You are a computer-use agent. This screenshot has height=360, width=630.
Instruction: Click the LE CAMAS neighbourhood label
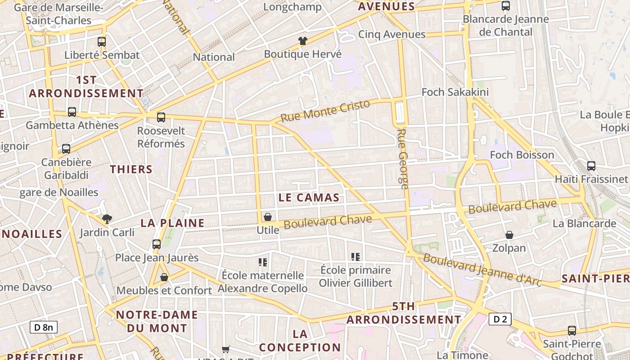309,198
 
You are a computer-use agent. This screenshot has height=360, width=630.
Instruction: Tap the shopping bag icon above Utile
268,217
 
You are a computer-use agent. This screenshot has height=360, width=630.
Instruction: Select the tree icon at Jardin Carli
107,219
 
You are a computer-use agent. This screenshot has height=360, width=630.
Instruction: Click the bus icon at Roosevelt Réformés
161,117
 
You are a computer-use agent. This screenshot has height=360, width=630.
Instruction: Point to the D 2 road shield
500,319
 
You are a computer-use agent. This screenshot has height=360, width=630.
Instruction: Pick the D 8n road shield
44,327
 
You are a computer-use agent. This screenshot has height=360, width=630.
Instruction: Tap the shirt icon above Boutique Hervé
303,41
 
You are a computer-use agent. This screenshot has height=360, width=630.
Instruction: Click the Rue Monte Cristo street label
325,111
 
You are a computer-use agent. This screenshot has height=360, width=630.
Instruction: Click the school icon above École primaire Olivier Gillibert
355,257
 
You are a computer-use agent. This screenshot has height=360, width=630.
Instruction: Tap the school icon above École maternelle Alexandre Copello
263,262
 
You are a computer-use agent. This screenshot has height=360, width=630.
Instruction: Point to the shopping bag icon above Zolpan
509,235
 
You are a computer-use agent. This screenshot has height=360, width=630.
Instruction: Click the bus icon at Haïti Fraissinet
591,166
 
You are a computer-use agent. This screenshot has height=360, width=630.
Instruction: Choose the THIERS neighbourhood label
131,169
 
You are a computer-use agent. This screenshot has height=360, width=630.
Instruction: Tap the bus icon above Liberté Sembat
102,42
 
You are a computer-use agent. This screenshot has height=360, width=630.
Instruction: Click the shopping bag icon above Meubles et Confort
164,277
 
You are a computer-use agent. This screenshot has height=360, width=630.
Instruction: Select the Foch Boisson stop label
522,155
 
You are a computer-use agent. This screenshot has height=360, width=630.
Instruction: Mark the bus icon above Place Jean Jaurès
157,244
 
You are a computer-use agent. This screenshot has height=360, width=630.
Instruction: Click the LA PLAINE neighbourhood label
173,223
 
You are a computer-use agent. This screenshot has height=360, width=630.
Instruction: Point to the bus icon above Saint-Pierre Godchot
572,331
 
